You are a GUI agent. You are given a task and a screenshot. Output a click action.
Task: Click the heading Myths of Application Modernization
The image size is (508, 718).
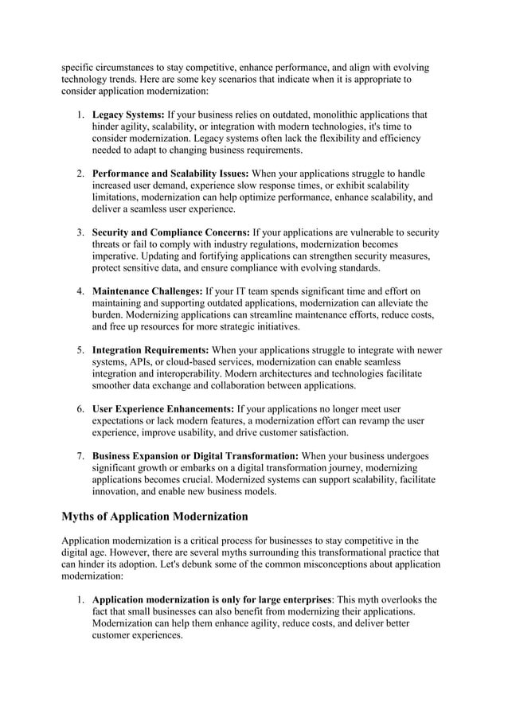[x=155, y=517]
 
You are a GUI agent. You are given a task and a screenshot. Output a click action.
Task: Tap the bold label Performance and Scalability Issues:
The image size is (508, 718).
[x=170, y=174]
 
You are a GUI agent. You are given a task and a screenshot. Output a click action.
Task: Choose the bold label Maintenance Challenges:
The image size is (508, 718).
[x=147, y=291]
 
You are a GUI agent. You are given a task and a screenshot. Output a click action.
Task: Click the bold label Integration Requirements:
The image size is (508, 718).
[x=150, y=350]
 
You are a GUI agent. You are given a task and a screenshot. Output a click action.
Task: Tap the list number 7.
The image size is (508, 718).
[x=80, y=456]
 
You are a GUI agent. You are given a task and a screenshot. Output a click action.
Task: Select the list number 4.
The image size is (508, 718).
[x=80, y=291]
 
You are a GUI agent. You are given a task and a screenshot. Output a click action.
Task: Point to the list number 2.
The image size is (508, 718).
[x=80, y=174]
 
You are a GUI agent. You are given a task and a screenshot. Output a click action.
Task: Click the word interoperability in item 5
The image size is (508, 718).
[x=192, y=374]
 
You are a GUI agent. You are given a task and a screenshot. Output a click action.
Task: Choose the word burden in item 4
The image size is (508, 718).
[x=110, y=315]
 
